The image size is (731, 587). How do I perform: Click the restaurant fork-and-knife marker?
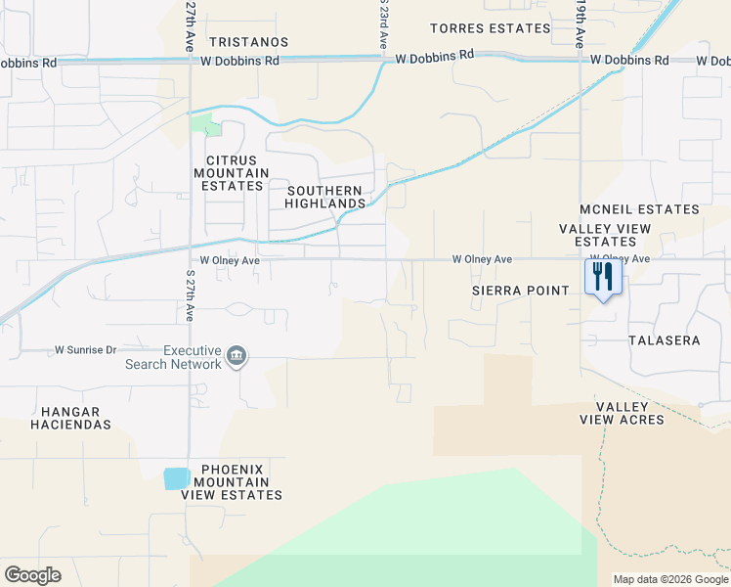point(603,277)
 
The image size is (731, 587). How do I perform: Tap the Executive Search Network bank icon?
point(236,356)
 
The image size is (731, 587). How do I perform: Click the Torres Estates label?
point(484,28)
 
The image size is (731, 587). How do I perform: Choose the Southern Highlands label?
point(323,197)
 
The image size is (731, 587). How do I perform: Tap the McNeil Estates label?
point(639,209)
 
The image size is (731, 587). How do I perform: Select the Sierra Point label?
point(520,291)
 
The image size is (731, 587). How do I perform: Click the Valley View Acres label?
point(629,413)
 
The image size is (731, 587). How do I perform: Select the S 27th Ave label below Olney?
point(190,294)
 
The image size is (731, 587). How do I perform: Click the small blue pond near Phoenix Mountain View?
point(177,478)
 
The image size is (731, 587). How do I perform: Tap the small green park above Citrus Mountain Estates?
point(201,124)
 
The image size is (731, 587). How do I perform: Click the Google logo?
point(32,575)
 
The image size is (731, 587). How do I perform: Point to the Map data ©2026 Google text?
point(670,579)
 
